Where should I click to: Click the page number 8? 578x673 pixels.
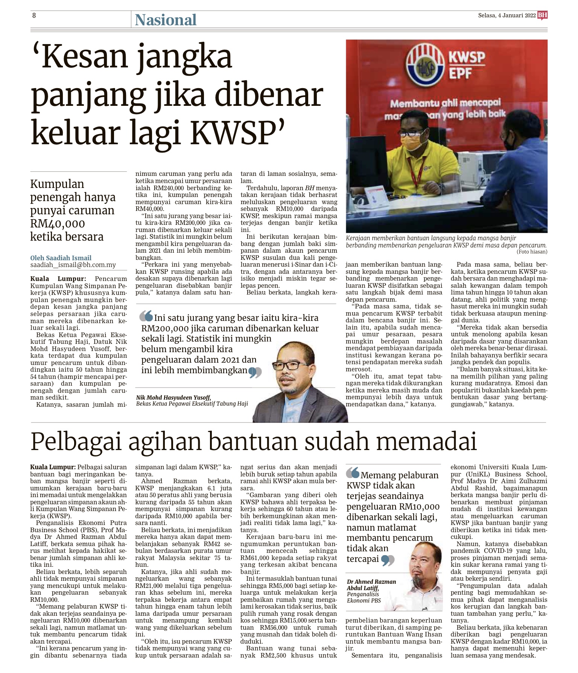pyautogui.click(x=34, y=15)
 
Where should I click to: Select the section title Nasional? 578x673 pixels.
pyautogui.click(x=166, y=20)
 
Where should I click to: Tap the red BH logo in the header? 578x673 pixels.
pyautogui.click(x=542, y=15)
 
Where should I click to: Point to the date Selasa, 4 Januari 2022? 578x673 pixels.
pyautogui.click(x=507, y=15)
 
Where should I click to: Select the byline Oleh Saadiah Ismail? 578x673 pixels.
pyautogui.click(x=61, y=258)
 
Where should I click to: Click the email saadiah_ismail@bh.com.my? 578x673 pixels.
pyautogui.click(x=73, y=265)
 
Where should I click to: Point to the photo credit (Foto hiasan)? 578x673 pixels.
pyautogui.click(x=532, y=252)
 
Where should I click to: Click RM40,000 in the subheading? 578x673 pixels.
pyautogui.click(x=58, y=224)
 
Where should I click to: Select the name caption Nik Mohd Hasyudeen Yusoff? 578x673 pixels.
pyautogui.click(x=173, y=397)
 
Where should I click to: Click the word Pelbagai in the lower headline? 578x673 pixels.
pyautogui.click(x=76, y=442)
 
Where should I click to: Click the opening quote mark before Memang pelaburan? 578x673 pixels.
pyautogui.click(x=353, y=473)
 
